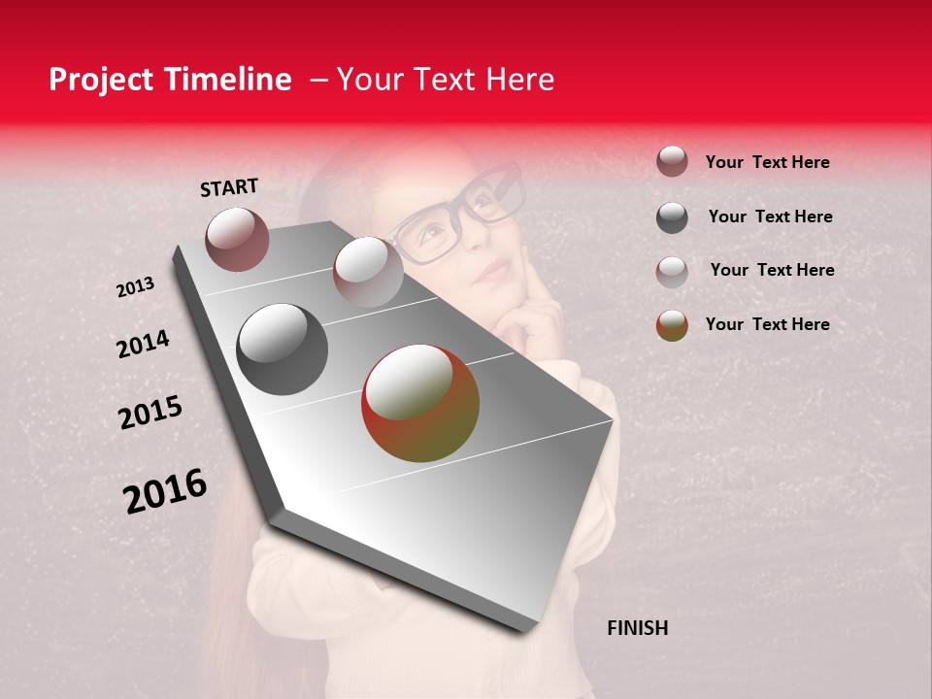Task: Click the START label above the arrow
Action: (x=229, y=187)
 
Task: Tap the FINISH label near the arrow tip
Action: (x=637, y=628)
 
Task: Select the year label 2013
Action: (x=135, y=287)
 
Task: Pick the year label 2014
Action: (x=143, y=345)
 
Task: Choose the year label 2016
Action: (x=165, y=491)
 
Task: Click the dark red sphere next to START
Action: (x=237, y=239)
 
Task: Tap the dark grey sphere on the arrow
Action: (x=283, y=349)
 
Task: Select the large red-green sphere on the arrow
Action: (x=420, y=403)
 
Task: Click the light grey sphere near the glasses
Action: (x=368, y=271)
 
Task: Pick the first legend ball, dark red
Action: (x=672, y=161)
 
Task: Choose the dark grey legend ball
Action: (x=672, y=216)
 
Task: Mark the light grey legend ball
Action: (x=672, y=271)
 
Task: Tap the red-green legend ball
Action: (x=672, y=325)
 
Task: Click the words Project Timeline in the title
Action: (x=170, y=80)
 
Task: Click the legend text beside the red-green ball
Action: (x=767, y=324)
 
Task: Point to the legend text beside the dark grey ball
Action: (x=770, y=216)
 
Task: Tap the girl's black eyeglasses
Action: (x=456, y=216)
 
